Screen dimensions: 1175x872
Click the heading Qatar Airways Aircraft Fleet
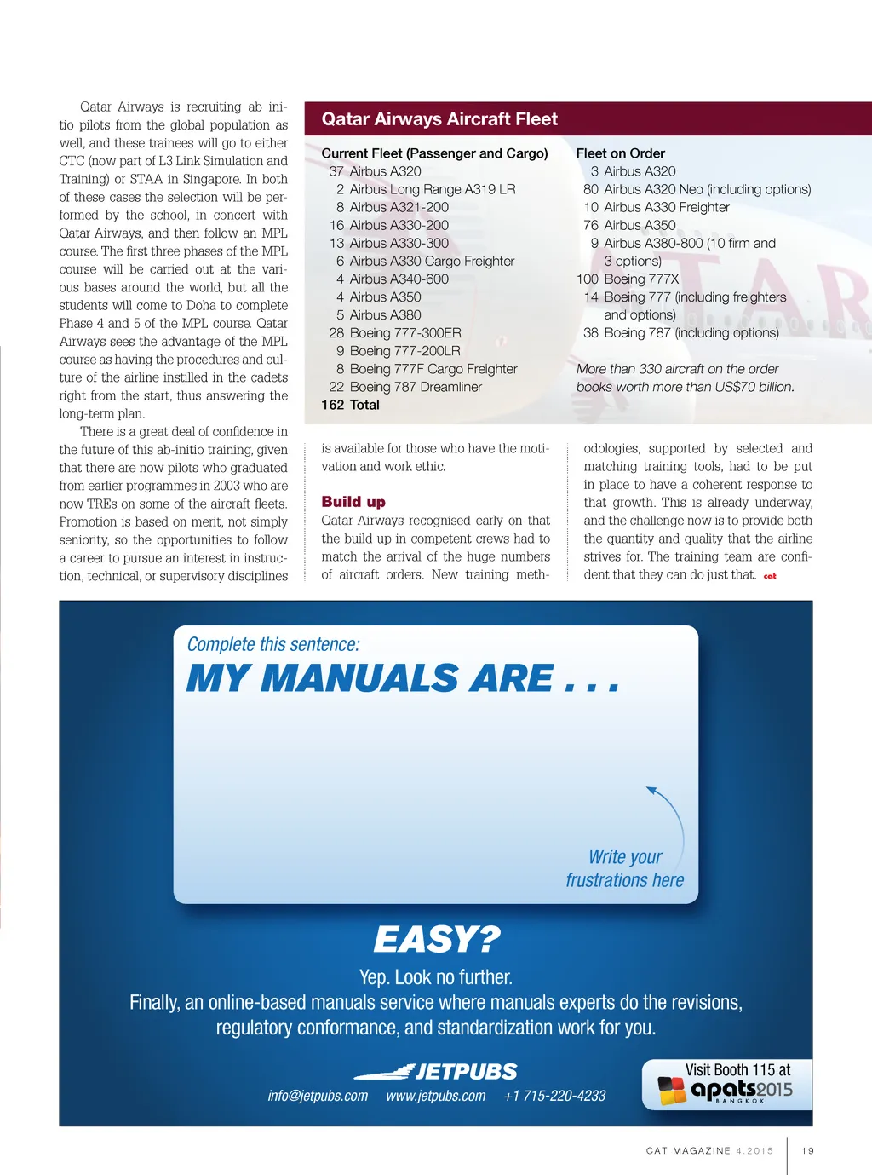pyautogui.click(x=439, y=119)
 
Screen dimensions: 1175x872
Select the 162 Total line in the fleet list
pyautogui.click(x=350, y=406)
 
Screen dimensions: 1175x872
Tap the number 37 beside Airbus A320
pyautogui.click(x=336, y=171)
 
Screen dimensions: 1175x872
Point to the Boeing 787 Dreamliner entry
pyautogui.click(x=415, y=388)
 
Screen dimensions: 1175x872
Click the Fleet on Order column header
pyautogui.click(x=620, y=153)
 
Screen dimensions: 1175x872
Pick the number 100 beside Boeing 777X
pyautogui.click(x=587, y=279)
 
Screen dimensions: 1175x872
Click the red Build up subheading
pyautogui.click(x=353, y=502)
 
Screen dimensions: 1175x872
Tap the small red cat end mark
pyautogui.click(x=770, y=576)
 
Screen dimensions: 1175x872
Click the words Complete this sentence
pyautogui.click(x=273, y=644)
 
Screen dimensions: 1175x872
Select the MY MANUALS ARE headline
pyautogui.click(x=402, y=679)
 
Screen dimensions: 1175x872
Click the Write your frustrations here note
pyautogui.click(x=625, y=868)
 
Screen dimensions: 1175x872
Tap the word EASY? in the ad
pyautogui.click(x=436, y=939)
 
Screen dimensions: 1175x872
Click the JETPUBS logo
pyautogui.click(x=436, y=1071)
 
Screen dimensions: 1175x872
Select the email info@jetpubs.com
pyautogui.click(x=318, y=1096)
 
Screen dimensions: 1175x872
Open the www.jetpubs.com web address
pyautogui.click(x=435, y=1096)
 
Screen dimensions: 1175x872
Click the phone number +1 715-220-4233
pyautogui.click(x=554, y=1096)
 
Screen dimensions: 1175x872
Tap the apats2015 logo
pyautogui.click(x=726, y=1090)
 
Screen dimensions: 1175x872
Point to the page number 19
pyautogui.click(x=807, y=1151)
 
